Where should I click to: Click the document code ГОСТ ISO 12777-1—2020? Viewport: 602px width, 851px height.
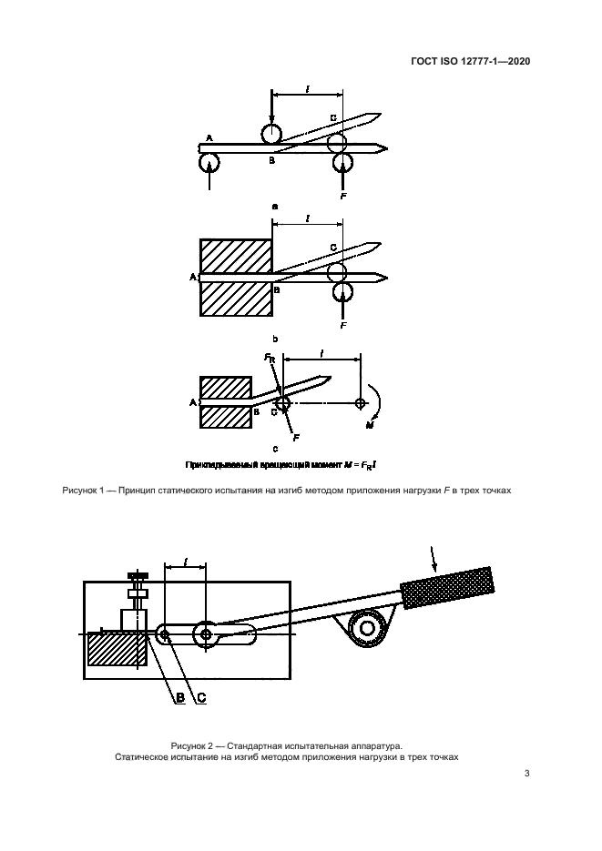(x=470, y=61)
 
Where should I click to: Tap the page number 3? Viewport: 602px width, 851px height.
(x=526, y=774)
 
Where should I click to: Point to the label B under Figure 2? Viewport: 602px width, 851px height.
(x=180, y=697)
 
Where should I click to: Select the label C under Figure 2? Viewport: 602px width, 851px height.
(x=201, y=697)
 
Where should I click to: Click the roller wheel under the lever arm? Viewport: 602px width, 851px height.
(x=367, y=629)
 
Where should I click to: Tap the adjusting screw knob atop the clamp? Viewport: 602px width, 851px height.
(x=139, y=575)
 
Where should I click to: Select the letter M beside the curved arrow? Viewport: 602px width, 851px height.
(x=370, y=426)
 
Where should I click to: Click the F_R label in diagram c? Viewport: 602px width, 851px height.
(x=270, y=358)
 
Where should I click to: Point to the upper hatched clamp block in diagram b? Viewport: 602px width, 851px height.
(x=236, y=256)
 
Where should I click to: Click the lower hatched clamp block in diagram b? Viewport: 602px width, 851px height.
(x=236, y=299)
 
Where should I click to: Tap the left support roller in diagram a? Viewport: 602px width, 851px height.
(x=209, y=163)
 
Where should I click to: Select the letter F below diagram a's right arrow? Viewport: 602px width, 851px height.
(x=343, y=196)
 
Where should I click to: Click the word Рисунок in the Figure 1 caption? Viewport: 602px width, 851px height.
(x=79, y=490)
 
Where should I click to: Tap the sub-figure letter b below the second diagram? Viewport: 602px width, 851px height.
(x=275, y=339)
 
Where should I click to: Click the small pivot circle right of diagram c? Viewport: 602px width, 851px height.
(x=360, y=402)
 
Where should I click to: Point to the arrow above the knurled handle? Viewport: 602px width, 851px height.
(x=433, y=559)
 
